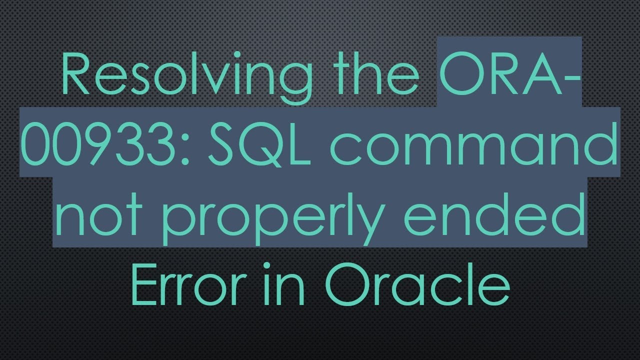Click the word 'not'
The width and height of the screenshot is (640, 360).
click(100, 215)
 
